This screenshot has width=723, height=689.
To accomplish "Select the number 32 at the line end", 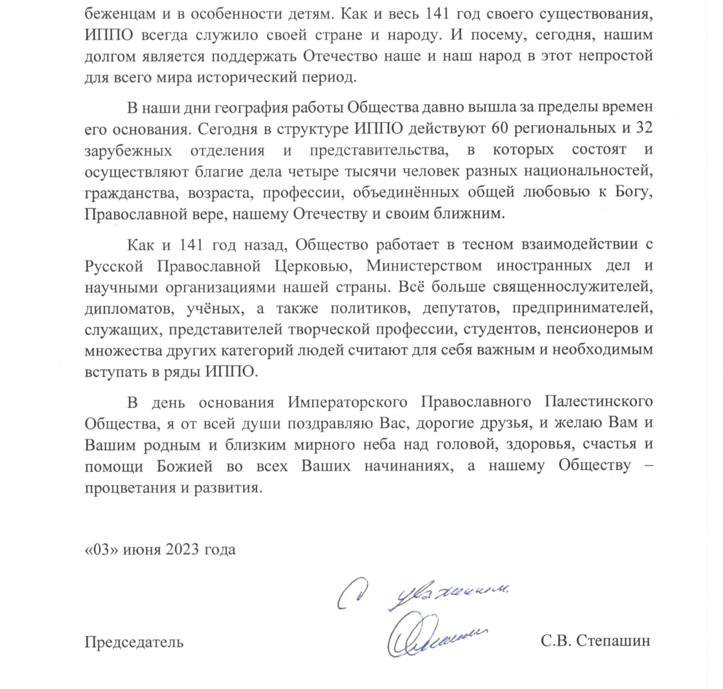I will [643, 128].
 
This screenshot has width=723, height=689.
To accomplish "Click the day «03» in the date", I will [101, 549].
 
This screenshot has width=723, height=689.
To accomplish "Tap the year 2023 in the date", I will [182, 549].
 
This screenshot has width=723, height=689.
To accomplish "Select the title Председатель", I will [134, 641].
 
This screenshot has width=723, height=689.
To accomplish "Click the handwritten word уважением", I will [450, 594].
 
